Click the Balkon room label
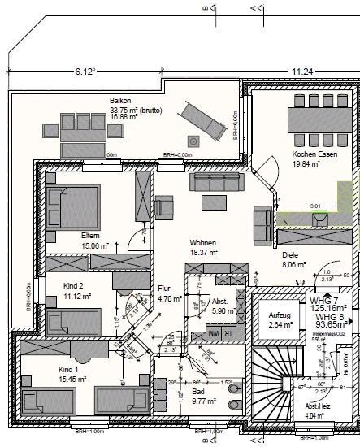pos(121,101)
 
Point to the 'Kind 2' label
pos(75,285)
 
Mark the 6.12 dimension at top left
pos(84,71)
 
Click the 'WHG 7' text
pos(325,300)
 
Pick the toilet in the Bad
pos(235,404)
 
